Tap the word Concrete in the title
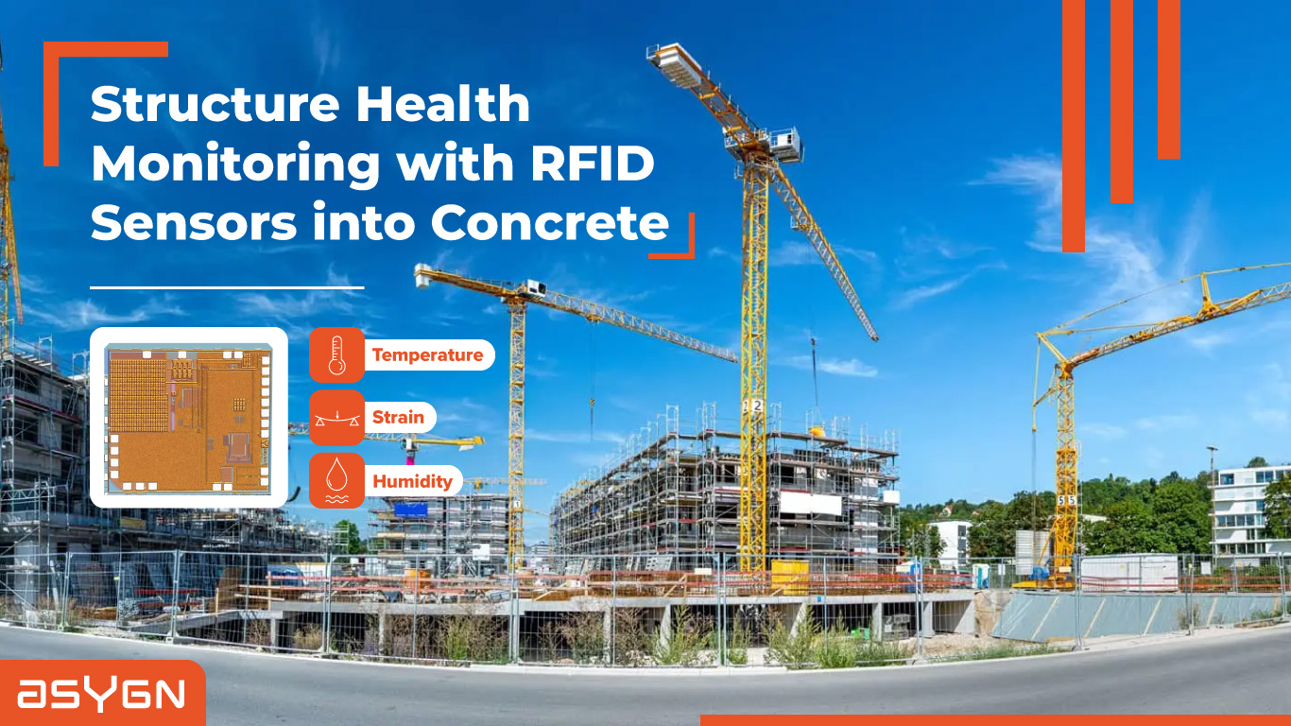point(550,223)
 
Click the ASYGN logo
point(101,695)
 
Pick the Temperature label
point(427,355)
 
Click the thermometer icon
point(336,355)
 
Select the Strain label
point(398,417)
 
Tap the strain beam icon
point(336,418)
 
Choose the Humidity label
point(412,481)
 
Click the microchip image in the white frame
point(188,417)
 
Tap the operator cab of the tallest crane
point(783,145)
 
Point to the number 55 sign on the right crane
point(1066,499)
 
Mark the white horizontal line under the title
point(227,286)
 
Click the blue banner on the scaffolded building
point(411,510)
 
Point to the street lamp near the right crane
point(1212,501)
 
